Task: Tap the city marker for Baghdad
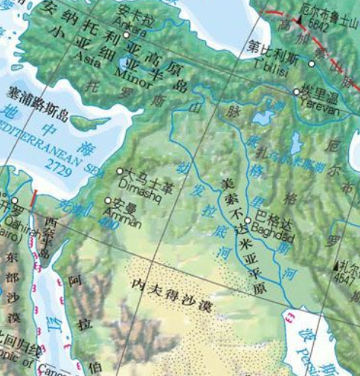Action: click(248, 221)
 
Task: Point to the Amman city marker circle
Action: click(109, 201)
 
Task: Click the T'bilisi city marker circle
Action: click(312, 64)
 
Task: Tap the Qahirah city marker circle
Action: click(14, 200)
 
